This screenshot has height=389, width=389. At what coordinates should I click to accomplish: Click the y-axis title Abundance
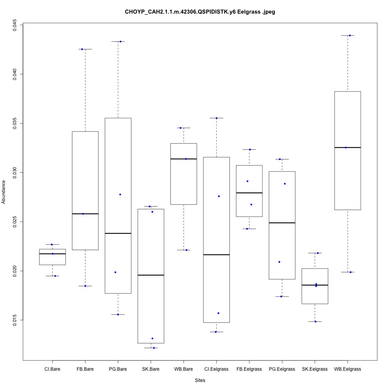(4, 192)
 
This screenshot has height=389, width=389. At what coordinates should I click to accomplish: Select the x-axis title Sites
(200, 380)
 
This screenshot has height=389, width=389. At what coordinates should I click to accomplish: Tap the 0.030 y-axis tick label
(14, 172)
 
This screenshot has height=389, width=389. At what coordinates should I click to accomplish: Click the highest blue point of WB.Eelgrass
(350, 35)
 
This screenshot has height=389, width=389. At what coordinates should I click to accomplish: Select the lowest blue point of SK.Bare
(154, 348)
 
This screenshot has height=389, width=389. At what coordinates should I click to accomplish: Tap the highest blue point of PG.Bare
(120, 41)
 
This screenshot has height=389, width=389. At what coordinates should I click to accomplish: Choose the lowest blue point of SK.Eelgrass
(315, 322)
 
